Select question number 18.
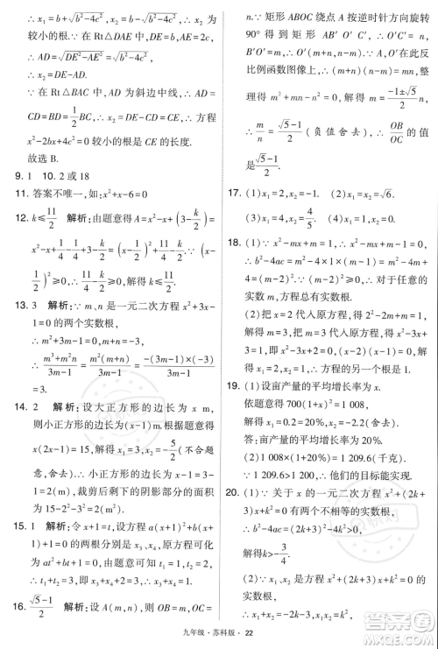(x=234, y=242)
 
